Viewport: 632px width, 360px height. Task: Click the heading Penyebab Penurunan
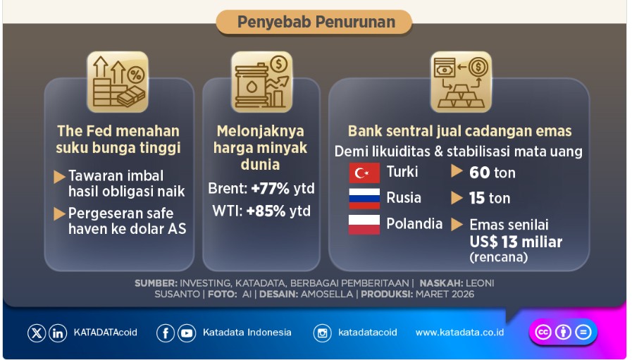[315, 22]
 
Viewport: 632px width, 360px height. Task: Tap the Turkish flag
[364, 173]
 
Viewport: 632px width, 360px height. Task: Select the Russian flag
[364, 199]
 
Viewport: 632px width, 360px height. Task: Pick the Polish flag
[364, 225]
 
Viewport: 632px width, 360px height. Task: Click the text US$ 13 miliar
[516, 242]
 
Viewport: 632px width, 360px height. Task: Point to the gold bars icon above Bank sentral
[461, 81]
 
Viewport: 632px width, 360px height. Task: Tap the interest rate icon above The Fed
[118, 81]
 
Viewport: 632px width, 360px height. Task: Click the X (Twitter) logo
[37, 333]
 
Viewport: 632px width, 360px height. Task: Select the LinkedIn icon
[58, 333]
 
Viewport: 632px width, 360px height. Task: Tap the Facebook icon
[166, 333]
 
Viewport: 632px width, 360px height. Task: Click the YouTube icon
[187, 333]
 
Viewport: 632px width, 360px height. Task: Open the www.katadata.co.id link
[459, 333]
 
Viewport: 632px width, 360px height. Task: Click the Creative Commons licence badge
[562, 333]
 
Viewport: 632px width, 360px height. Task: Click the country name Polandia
[414, 224]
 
